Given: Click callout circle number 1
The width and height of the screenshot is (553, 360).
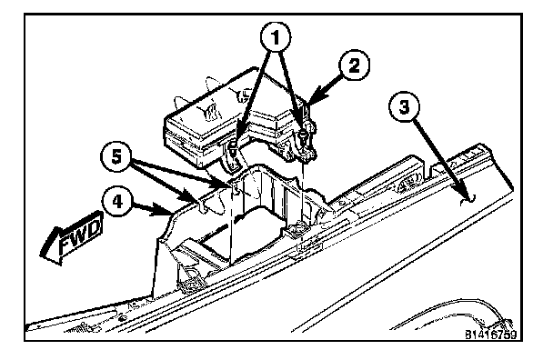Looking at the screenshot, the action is [x=276, y=37].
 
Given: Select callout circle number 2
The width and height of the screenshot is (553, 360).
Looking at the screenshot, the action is [x=354, y=66].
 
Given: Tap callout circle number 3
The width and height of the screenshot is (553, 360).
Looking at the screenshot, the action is [x=404, y=106].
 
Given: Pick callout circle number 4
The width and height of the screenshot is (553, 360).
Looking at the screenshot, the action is [x=117, y=203].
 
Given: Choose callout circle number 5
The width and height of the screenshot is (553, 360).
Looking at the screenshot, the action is [x=116, y=156].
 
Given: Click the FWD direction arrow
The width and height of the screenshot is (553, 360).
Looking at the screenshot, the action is [x=72, y=237].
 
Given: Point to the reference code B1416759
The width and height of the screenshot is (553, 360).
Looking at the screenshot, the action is [x=490, y=335].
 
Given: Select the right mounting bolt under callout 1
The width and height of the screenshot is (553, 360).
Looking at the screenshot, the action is [x=303, y=136].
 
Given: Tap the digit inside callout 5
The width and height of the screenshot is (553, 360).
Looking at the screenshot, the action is [x=116, y=156].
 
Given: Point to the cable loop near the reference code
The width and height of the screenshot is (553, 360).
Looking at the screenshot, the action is [x=458, y=310].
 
